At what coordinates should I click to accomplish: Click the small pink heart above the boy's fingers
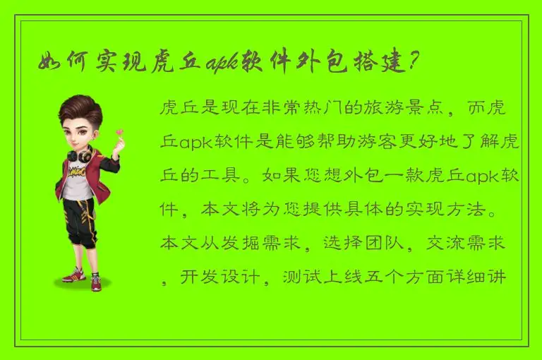click(x=121, y=131)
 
